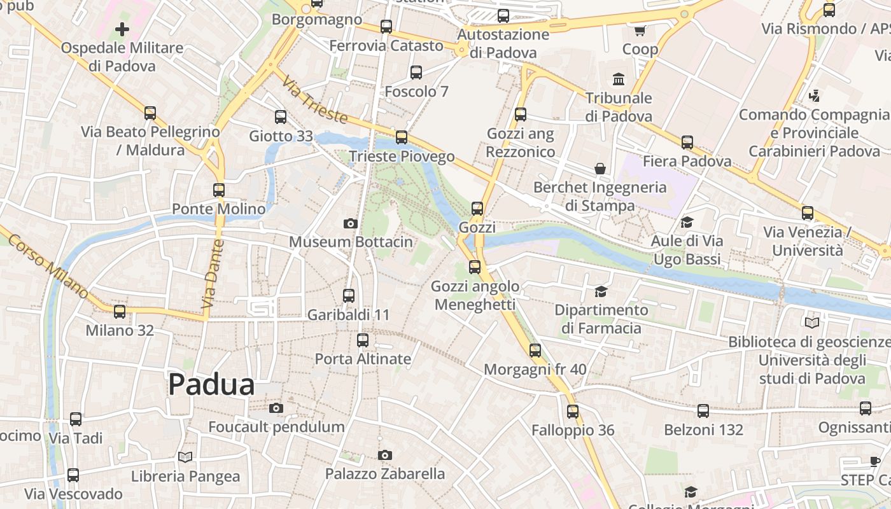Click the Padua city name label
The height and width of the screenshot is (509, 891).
211,384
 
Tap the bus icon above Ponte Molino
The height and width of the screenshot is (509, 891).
219,190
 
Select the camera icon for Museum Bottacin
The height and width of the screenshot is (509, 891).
350,223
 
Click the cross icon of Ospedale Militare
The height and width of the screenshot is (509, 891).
122,29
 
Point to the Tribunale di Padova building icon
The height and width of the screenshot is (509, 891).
619,80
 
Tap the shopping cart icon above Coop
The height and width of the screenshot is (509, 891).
640,31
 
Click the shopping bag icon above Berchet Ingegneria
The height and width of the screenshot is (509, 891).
600,169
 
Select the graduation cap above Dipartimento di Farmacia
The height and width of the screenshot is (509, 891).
601,291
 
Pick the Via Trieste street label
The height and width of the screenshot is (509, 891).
315,101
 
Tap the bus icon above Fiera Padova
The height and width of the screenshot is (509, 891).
687,143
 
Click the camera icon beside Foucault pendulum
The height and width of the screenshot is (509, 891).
276,408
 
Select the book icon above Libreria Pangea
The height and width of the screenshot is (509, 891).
185,457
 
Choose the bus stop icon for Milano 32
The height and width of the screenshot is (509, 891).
120,312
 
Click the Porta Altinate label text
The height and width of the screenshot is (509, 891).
363,359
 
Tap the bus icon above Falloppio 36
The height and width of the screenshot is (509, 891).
573,411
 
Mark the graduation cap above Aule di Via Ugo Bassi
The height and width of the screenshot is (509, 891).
687,222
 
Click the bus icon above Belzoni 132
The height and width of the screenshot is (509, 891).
703,411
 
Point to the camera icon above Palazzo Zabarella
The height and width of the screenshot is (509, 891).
384,455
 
